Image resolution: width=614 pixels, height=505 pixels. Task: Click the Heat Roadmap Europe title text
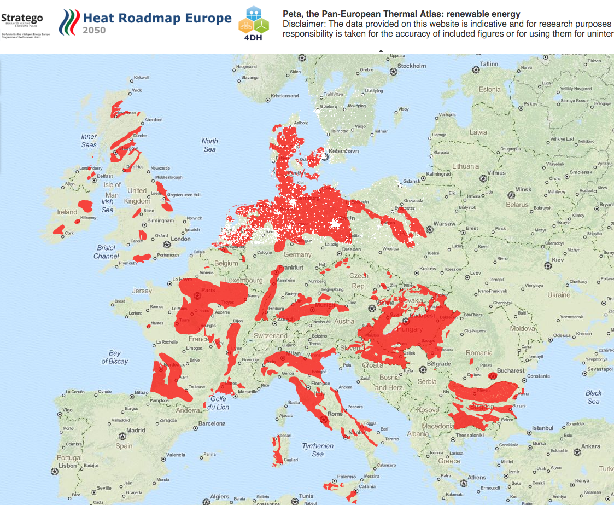(157, 18)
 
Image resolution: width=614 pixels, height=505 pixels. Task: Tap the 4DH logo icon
(254, 27)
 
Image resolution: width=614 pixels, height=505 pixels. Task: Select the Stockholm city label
(412, 66)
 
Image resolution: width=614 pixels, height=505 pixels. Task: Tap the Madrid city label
(136, 431)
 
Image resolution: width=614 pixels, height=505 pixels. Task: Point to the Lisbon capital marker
(54, 471)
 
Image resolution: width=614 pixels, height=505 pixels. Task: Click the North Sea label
(209, 145)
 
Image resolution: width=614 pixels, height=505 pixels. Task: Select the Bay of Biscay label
(114, 357)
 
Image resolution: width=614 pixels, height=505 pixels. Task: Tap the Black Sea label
(593, 397)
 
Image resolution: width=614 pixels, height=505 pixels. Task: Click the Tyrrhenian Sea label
(318, 450)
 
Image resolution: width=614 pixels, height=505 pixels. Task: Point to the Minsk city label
(523, 189)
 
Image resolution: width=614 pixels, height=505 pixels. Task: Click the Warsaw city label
(444, 224)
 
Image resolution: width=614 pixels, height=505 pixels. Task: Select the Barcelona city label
(212, 423)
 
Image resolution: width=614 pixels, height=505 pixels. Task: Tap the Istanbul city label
(543, 428)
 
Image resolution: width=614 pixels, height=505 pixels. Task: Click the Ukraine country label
(558, 295)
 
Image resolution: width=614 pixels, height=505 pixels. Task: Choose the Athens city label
(477, 478)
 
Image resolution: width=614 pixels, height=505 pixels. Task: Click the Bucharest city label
(511, 370)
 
